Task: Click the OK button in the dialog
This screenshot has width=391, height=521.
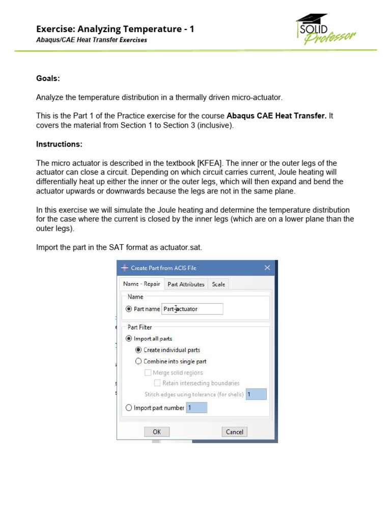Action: (157, 432)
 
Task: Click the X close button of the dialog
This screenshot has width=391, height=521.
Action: (267, 268)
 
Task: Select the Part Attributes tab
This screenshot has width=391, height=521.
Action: (186, 284)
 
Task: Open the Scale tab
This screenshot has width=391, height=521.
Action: (218, 284)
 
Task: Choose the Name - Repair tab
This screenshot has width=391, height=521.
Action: (142, 284)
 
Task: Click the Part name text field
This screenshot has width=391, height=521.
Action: (192, 309)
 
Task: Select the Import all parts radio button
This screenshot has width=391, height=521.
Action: (129, 339)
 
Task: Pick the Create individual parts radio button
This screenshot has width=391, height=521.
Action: (138, 350)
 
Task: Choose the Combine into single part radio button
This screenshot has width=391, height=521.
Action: (138, 362)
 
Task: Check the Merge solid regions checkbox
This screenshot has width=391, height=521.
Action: (148, 373)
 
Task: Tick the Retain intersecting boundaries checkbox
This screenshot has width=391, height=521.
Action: (157, 383)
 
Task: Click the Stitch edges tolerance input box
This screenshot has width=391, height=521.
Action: (256, 394)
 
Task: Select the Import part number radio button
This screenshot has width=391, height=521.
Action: (129, 408)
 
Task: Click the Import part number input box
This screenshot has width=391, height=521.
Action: (197, 408)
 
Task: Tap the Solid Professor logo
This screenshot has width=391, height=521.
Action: (326, 30)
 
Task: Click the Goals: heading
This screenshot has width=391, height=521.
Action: (48, 78)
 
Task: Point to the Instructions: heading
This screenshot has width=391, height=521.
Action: (59, 144)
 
